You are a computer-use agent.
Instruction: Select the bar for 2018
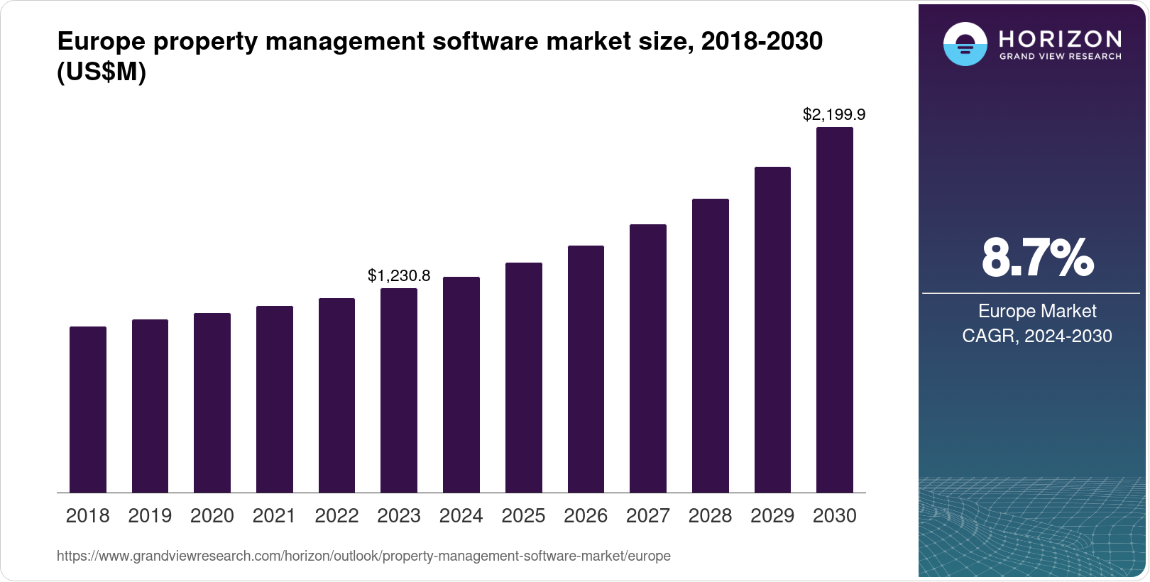click(88, 410)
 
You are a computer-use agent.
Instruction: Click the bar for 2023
click(399, 390)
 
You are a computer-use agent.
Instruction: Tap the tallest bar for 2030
click(835, 310)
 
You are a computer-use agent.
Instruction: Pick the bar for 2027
click(648, 358)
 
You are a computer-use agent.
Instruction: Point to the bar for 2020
click(212, 402)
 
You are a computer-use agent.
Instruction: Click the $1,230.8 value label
click(399, 275)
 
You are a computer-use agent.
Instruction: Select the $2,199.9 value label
click(834, 114)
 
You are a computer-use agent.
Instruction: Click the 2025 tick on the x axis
click(523, 515)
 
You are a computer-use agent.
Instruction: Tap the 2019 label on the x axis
click(150, 515)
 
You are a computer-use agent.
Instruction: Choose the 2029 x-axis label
click(772, 515)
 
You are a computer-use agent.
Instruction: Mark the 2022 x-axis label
click(336, 515)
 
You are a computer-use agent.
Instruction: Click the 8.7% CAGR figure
click(1037, 258)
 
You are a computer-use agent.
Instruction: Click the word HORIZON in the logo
click(1061, 38)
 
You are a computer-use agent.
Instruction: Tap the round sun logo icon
click(965, 44)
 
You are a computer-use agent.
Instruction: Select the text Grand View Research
click(1061, 56)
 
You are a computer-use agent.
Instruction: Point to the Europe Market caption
click(1037, 311)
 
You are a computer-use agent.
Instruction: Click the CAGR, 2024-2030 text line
click(1037, 336)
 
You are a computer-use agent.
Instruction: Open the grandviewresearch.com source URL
click(363, 556)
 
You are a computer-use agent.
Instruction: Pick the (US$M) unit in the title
click(102, 72)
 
